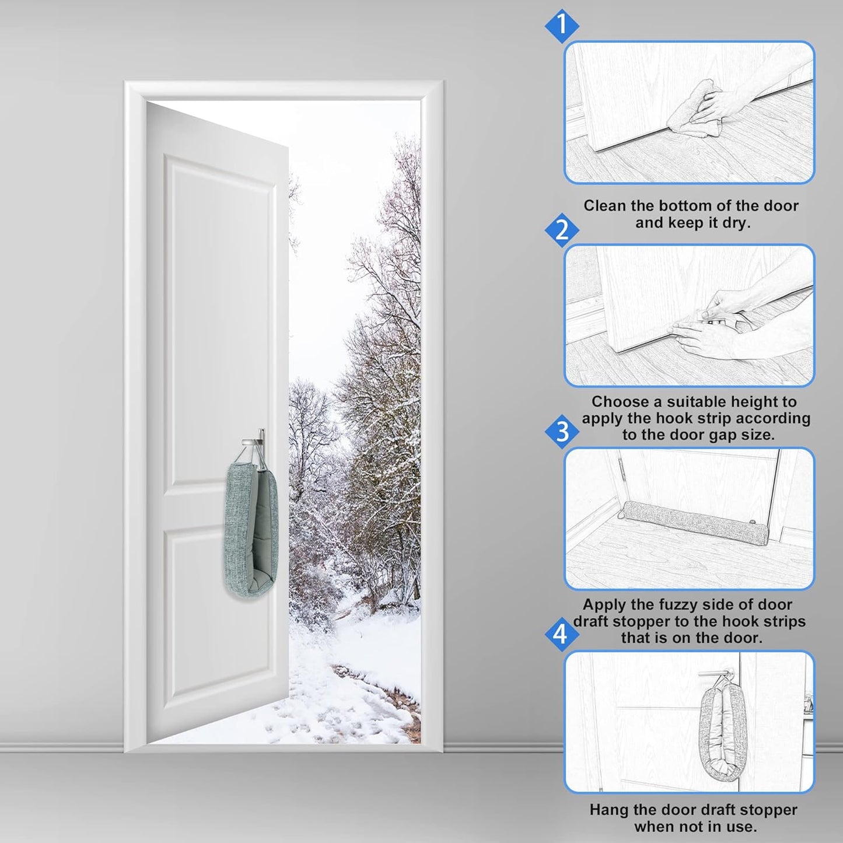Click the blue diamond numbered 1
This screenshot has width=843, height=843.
tap(561, 26)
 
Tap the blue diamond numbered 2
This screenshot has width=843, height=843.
tap(561, 230)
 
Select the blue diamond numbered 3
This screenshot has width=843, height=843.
tap(561, 432)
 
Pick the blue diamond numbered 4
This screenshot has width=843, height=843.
tap(561, 634)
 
